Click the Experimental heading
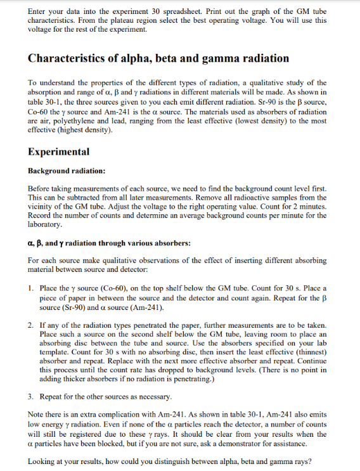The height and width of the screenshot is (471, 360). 59,152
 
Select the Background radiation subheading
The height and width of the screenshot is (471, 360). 67,171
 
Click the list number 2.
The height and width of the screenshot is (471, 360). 32,324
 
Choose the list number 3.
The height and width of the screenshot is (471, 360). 32,396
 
